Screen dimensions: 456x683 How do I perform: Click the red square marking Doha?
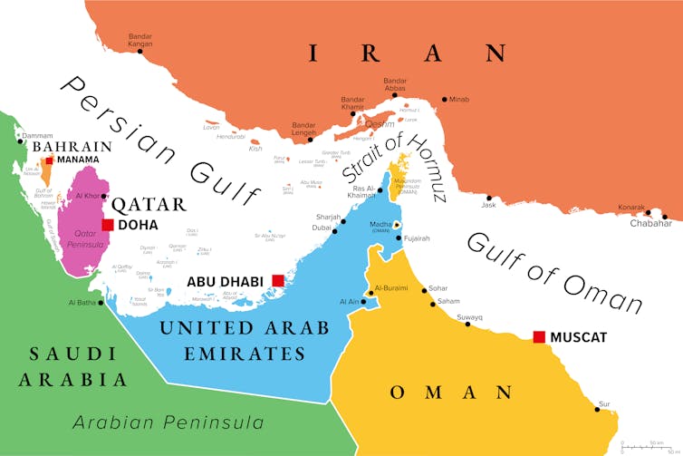[x=108, y=225]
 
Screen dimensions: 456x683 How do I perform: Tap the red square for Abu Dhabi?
[x=278, y=281]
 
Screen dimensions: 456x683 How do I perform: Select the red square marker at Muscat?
[x=539, y=336]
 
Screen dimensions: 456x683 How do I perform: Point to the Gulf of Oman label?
[x=554, y=271]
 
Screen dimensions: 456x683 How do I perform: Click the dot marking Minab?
[x=444, y=99]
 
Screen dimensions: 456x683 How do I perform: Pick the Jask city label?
[x=489, y=205]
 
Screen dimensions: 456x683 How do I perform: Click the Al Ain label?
[x=349, y=301]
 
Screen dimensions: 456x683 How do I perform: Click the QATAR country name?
[x=149, y=203]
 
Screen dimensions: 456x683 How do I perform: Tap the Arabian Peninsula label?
[x=168, y=422]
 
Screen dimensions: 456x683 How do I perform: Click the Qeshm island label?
[x=380, y=124]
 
